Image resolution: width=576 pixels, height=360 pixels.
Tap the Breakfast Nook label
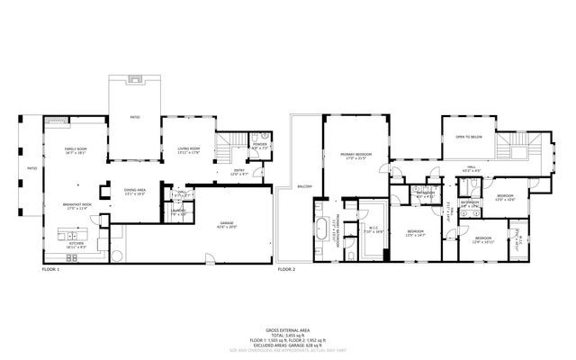pyautogui.click(x=77, y=206)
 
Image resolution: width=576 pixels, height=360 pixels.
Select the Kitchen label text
pyautogui.click(x=76, y=243)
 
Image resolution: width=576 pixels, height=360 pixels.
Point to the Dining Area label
pyautogui.click(x=135, y=191)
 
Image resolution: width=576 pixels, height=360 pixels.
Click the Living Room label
pyautogui.click(x=187, y=149)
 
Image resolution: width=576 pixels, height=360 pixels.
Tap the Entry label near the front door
pyautogui.click(x=239, y=170)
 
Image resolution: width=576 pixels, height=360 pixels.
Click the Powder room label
pyautogui.click(x=260, y=144)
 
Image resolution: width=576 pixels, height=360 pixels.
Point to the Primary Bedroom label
pyautogui.click(x=357, y=156)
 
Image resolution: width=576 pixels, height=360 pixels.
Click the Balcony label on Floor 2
pyautogui.click(x=305, y=187)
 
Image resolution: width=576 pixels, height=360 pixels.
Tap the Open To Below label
pyautogui.click(x=469, y=137)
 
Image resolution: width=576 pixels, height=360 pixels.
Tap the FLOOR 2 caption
pyautogui.click(x=286, y=269)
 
